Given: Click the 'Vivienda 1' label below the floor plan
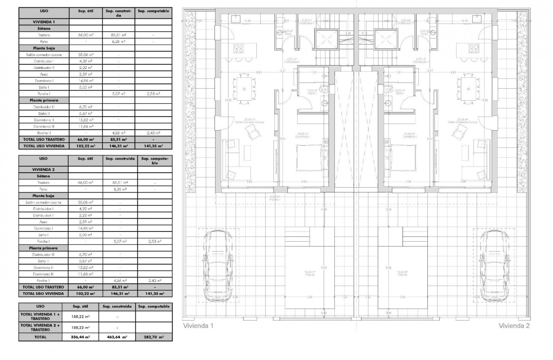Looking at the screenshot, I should [198, 326].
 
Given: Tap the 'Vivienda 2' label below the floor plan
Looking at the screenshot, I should [514, 326].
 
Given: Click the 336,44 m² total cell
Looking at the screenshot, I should [81, 337].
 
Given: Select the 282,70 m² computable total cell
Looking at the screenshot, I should [153, 337].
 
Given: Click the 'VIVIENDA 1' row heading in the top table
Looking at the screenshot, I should [43, 21].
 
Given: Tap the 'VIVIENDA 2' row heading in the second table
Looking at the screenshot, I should [43, 169].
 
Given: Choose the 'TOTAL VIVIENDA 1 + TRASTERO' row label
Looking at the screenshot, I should [40, 316].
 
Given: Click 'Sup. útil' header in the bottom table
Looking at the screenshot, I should [81, 306].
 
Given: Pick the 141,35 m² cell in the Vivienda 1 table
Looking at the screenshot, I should [153, 146].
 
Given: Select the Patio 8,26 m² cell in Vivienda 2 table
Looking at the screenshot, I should [120, 189].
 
